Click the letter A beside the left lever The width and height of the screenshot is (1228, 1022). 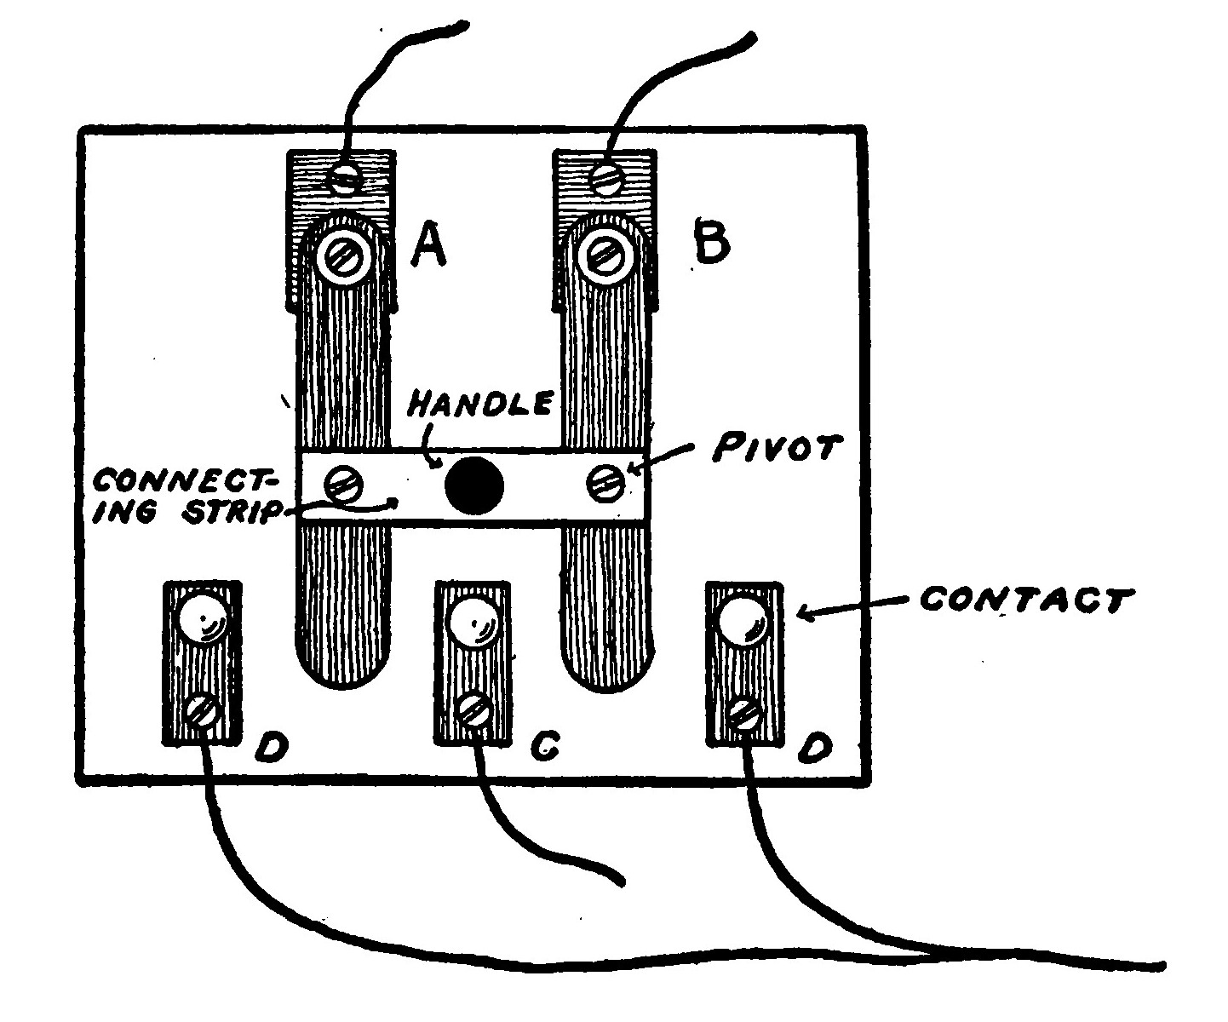[429, 248]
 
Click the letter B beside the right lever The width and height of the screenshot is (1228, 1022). [711, 243]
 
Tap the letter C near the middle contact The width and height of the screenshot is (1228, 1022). [542, 746]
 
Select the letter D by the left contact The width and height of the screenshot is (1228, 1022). [273, 747]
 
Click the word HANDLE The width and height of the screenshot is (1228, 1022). [479, 403]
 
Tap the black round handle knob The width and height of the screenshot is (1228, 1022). [474, 486]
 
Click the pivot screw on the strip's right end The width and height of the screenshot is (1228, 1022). [605, 484]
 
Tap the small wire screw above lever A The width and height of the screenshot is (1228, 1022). [344, 178]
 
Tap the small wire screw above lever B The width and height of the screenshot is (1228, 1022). [607, 178]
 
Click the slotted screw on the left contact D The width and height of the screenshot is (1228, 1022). [203, 709]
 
